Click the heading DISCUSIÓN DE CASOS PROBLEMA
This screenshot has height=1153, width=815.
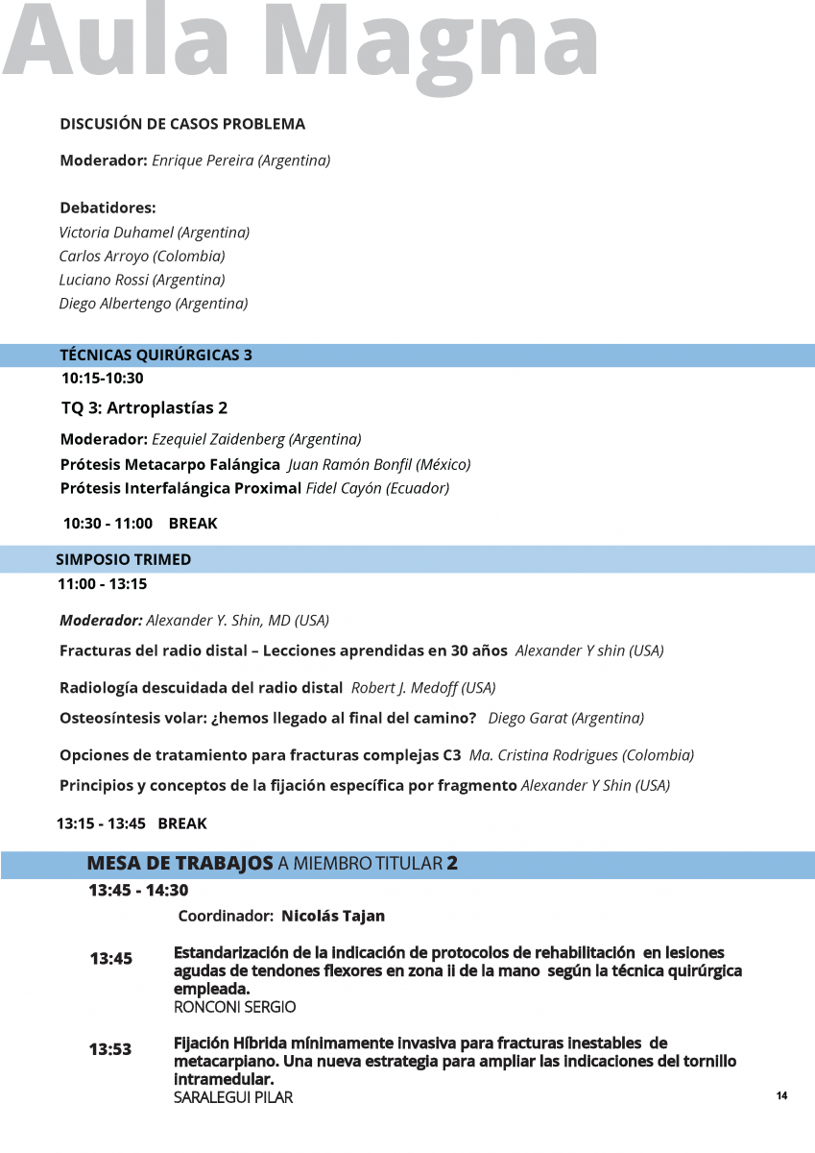point(182,124)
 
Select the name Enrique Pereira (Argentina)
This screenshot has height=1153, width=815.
point(241,160)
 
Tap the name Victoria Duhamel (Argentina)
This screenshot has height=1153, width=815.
point(155,233)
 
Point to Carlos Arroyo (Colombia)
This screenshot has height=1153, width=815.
point(142,257)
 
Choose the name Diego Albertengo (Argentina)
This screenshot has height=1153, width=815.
point(154,304)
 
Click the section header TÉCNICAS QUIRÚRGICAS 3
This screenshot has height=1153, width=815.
point(156,356)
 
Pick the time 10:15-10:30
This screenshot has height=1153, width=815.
point(103,379)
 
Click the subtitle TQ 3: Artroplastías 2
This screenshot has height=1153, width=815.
point(144,408)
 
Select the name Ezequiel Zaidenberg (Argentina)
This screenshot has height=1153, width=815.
point(256,440)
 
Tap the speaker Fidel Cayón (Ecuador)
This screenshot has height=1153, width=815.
point(377,488)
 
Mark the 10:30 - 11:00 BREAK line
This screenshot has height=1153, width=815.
point(140,524)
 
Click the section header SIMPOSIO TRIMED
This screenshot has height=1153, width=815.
point(123,559)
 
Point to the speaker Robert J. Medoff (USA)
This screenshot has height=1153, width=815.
point(423,688)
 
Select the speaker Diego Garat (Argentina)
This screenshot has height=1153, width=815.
point(566,718)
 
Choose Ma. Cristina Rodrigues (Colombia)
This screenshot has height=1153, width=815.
point(582,755)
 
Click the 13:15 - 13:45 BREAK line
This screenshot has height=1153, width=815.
point(132,823)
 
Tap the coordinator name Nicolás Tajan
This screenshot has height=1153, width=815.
point(333,916)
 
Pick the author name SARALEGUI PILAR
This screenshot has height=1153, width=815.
point(233,1097)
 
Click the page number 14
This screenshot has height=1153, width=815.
point(782,1096)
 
